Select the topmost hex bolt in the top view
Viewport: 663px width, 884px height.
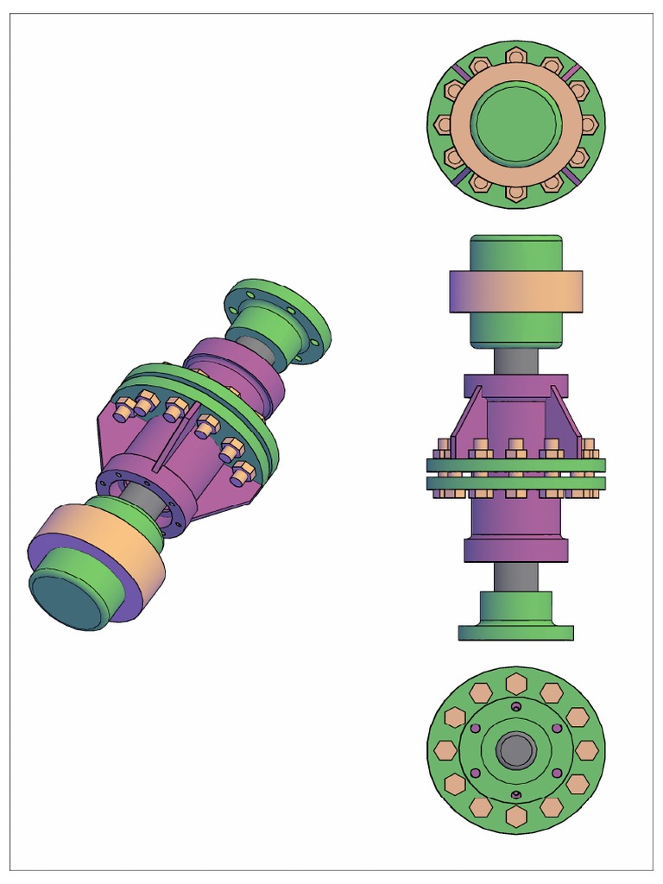[x=516, y=56]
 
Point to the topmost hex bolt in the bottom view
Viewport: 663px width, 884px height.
[x=516, y=683]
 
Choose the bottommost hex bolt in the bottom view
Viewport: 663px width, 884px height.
[x=516, y=817]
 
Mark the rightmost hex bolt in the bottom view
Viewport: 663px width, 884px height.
[x=586, y=750]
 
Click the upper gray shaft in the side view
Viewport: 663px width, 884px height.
[x=516, y=359]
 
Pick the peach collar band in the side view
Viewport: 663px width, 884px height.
[x=516, y=292]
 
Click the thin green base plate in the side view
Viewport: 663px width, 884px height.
[x=516, y=633]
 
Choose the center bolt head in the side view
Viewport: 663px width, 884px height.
[x=516, y=447]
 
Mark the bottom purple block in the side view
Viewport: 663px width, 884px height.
[x=516, y=550]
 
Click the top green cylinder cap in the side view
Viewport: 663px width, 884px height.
[x=516, y=252]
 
